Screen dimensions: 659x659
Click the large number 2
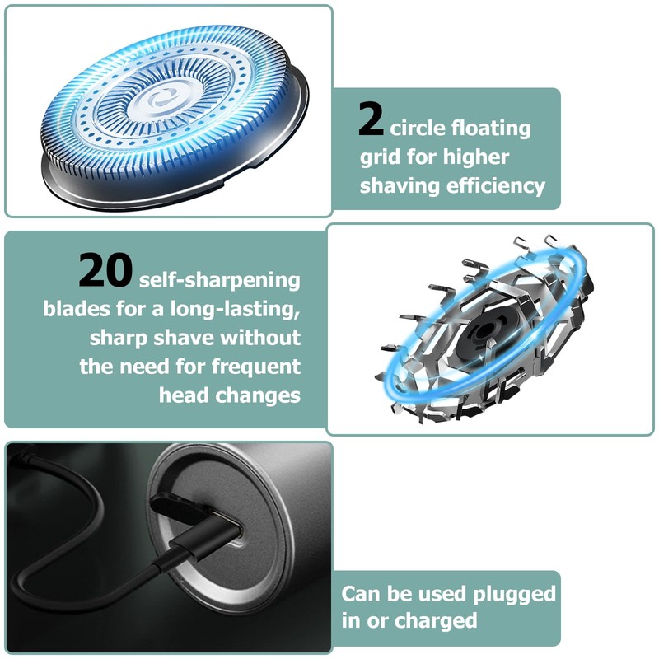click(x=372, y=120)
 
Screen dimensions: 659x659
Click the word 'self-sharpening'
click(x=220, y=280)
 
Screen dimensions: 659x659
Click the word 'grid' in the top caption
click(x=380, y=157)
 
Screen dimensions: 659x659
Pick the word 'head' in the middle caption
click(x=183, y=395)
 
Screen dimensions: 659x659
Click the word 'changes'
click(x=257, y=395)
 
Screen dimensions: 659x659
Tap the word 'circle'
click(x=418, y=129)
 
